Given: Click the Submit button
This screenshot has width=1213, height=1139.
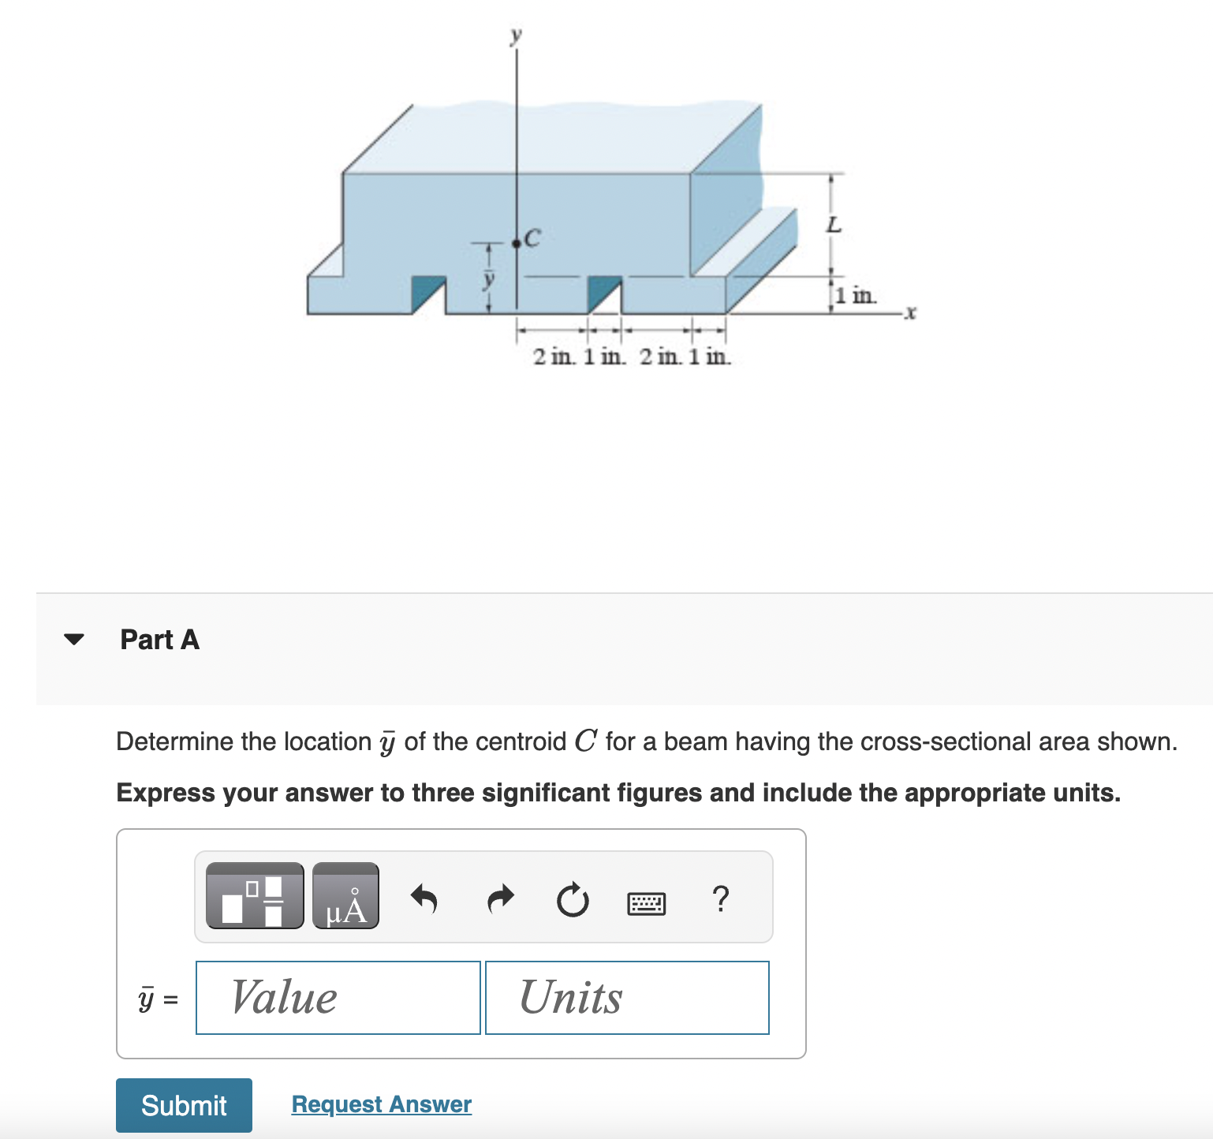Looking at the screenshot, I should point(184,1105).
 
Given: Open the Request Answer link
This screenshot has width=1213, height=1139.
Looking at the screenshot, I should point(381,1104).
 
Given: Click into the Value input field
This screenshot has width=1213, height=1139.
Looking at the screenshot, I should point(338,998).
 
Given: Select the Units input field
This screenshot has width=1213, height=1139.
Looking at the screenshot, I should point(627,998).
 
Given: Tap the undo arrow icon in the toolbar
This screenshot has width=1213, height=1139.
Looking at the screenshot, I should point(424,898).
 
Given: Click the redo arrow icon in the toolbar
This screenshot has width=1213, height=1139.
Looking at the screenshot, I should point(499,898).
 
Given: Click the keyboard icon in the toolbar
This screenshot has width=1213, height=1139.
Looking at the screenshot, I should point(646,902).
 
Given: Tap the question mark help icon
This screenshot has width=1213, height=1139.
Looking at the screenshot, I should point(720,898).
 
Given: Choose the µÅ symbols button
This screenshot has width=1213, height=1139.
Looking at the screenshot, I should point(345,896).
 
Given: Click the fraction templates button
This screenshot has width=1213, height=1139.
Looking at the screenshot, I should point(254,896).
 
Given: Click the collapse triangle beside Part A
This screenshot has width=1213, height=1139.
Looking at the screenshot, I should point(74,639).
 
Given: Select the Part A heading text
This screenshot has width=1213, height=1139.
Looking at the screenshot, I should point(159,639).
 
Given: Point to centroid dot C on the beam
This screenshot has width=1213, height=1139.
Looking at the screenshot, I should point(517,244).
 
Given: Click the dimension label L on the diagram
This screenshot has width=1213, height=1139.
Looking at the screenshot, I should point(834,225).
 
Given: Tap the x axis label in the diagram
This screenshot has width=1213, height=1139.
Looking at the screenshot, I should point(910,313).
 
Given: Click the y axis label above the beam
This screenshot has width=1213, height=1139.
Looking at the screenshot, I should point(516,35).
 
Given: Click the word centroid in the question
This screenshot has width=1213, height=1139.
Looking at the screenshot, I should point(521,741).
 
